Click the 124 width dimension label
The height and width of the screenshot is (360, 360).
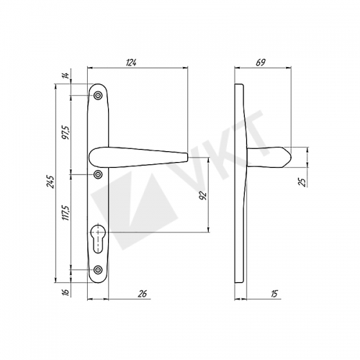[131, 63]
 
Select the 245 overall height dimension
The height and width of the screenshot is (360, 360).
[51, 181]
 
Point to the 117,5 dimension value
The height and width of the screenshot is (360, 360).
[66, 212]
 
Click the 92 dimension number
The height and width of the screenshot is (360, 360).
[203, 196]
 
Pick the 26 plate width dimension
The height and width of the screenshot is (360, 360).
[143, 294]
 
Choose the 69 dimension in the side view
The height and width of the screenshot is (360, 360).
[261, 63]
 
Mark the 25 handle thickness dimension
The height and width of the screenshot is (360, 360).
[303, 182]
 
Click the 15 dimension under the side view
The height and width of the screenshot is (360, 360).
[274, 294]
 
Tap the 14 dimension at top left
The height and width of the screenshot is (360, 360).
[66, 76]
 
